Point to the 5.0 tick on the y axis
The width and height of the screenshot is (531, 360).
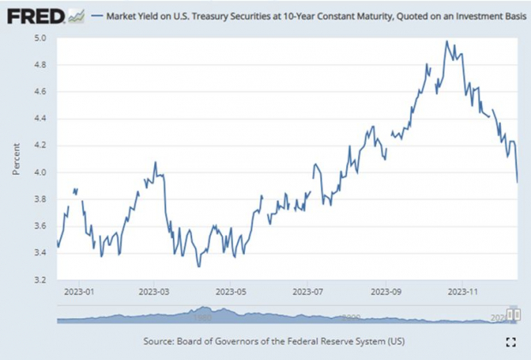tap(40, 39)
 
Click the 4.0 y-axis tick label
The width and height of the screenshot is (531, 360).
tap(40, 172)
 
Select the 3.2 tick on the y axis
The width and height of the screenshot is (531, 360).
tap(40, 279)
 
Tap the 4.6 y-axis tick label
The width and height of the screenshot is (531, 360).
tap(40, 92)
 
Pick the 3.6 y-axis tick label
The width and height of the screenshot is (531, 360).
tap(40, 226)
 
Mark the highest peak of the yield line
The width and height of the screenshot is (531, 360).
tap(446, 41)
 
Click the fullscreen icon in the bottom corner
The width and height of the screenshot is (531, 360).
tap(510, 342)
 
